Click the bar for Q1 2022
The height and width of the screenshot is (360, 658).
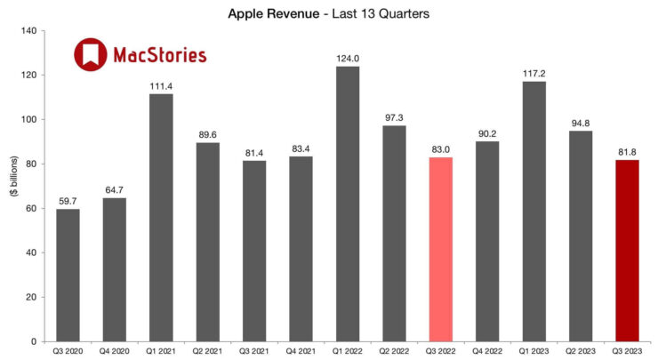point(347,204)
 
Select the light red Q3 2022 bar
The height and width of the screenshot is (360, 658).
point(440,249)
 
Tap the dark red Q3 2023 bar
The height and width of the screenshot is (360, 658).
point(626,251)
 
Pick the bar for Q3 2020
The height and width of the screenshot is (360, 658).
point(68,275)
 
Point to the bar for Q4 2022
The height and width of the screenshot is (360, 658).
point(486,241)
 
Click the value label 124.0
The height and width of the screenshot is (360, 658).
point(347,59)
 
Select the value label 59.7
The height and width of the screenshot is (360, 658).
point(68,201)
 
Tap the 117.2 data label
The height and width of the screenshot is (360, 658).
point(534,74)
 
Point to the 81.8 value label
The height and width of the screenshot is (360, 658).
point(626,152)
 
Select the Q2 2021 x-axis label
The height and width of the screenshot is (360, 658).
point(207,351)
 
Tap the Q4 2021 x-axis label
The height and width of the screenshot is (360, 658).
point(301,351)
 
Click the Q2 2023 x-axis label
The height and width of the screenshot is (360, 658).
point(580,351)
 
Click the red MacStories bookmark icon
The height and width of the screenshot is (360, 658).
point(89,55)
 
